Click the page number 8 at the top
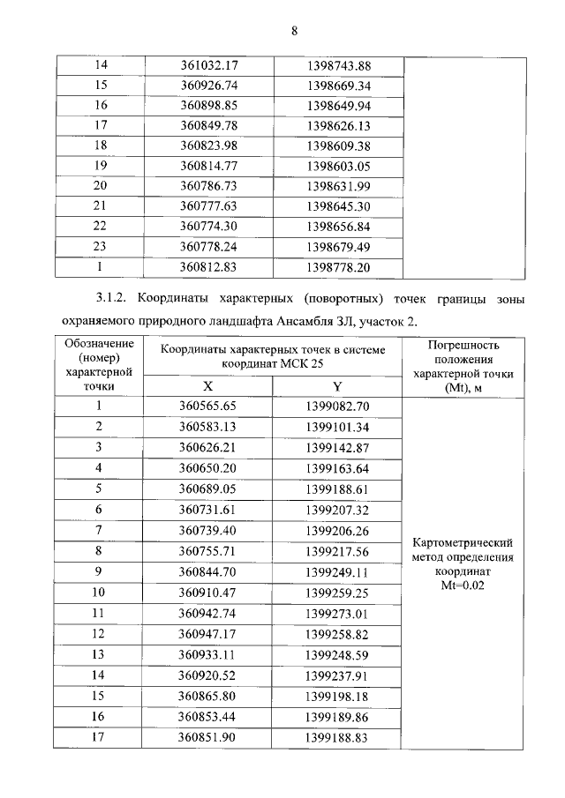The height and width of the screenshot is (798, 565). (295, 31)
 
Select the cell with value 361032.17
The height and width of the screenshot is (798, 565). (209, 66)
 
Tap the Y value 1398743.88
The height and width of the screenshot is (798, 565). (338, 66)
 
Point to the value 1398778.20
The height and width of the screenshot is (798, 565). (338, 265)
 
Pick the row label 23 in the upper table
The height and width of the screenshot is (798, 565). (100, 246)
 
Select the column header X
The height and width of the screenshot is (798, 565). (208, 386)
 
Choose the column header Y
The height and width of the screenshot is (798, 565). (337, 386)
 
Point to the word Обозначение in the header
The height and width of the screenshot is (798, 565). (99, 343)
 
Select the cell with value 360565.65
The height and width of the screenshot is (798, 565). (209, 406)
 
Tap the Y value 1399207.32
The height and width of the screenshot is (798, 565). (338, 510)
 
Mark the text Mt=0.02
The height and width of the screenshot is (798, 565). (464, 584)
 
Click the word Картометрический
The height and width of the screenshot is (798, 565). (464, 543)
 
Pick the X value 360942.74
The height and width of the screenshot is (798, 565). (209, 613)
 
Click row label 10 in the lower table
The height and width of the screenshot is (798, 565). (99, 593)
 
